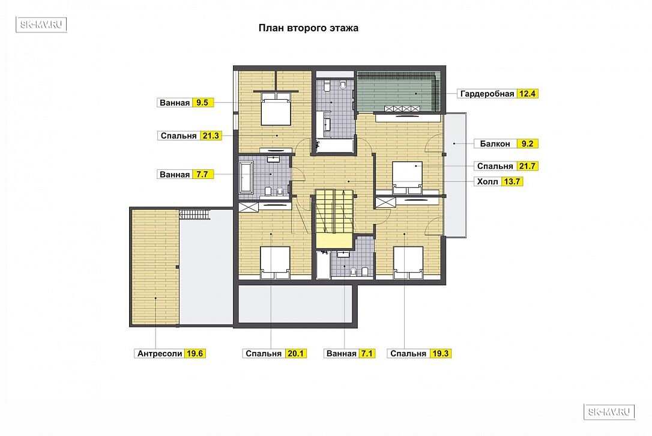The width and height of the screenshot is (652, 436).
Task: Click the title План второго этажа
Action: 308,28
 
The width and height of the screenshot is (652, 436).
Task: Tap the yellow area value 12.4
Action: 527,94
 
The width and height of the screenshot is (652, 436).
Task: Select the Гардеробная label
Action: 487,94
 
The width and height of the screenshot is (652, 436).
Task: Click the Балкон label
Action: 495,144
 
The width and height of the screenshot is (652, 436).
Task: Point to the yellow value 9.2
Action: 527,144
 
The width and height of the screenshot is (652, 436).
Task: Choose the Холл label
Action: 487,181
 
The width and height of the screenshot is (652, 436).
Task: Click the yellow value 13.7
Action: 512,181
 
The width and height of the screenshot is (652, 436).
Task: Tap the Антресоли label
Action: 160,354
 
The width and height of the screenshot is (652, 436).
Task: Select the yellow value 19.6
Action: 195,354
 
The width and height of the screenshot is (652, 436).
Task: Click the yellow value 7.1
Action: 366,354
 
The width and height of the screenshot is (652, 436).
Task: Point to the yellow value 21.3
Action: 211,136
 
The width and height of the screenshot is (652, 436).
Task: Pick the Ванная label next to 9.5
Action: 175,103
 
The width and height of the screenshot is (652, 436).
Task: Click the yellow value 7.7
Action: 202,174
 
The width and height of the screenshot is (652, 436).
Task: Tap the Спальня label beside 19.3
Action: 408,354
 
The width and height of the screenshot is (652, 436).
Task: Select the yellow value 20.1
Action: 295,354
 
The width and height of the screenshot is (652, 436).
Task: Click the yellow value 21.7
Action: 527,166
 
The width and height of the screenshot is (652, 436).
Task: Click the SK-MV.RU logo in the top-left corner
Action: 41,25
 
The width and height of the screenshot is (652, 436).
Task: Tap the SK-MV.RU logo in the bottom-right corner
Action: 609,411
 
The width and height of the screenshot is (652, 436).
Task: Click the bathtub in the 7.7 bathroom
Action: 246,178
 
